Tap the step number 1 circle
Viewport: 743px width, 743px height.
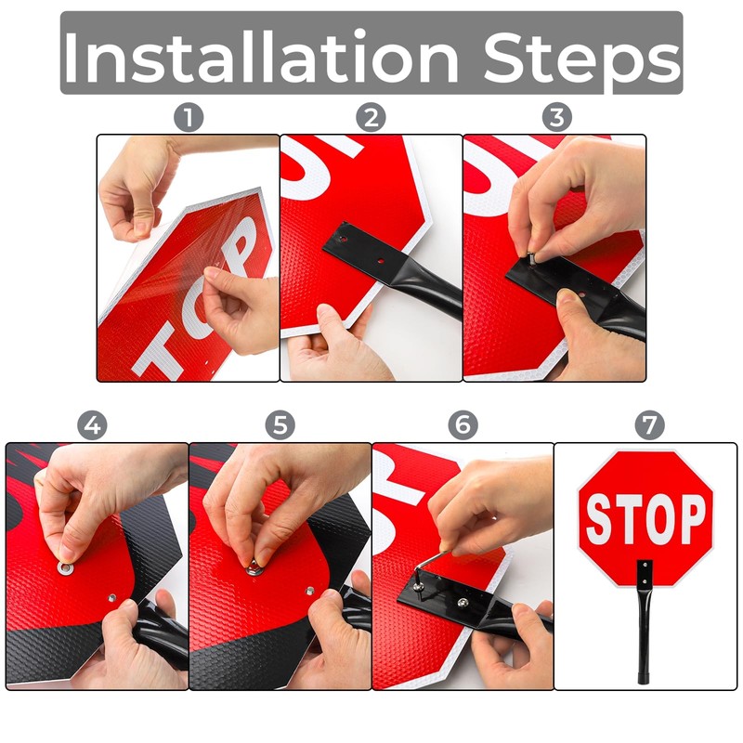(x=189, y=117)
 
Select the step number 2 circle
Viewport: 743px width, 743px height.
(x=371, y=117)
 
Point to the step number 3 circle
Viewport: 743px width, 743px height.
(x=555, y=117)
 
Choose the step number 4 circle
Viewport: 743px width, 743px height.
(x=93, y=425)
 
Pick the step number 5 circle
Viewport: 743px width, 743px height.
(x=279, y=425)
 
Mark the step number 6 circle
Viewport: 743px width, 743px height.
(x=463, y=425)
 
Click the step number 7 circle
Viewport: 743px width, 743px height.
(x=649, y=425)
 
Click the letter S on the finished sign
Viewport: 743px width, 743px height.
(x=599, y=519)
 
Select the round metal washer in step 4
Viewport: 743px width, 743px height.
(x=66, y=567)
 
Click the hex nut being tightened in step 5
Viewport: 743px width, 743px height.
(x=254, y=568)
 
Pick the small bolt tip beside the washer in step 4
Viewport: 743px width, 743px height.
(x=111, y=598)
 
